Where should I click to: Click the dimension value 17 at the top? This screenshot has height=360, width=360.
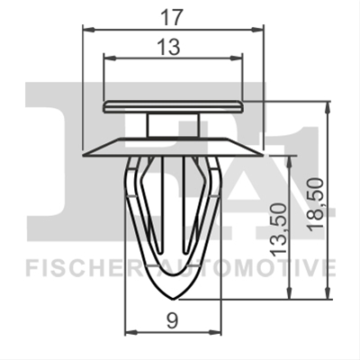click(x=172, y=18)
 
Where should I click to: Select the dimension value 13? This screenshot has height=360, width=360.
click(x=170, y=47)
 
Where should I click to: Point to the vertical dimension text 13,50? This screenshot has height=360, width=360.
click(x=277, y=229)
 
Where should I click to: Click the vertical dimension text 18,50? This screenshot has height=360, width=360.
click(x=316, y=204)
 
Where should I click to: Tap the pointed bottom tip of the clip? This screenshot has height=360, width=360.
click(x=173, y=299)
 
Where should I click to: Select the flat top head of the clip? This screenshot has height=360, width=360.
click(x=173, y=107)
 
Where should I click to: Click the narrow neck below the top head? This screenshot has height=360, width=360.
click(x=173, y=125)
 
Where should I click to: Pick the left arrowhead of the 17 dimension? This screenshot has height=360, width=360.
click(x=88, y=30)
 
